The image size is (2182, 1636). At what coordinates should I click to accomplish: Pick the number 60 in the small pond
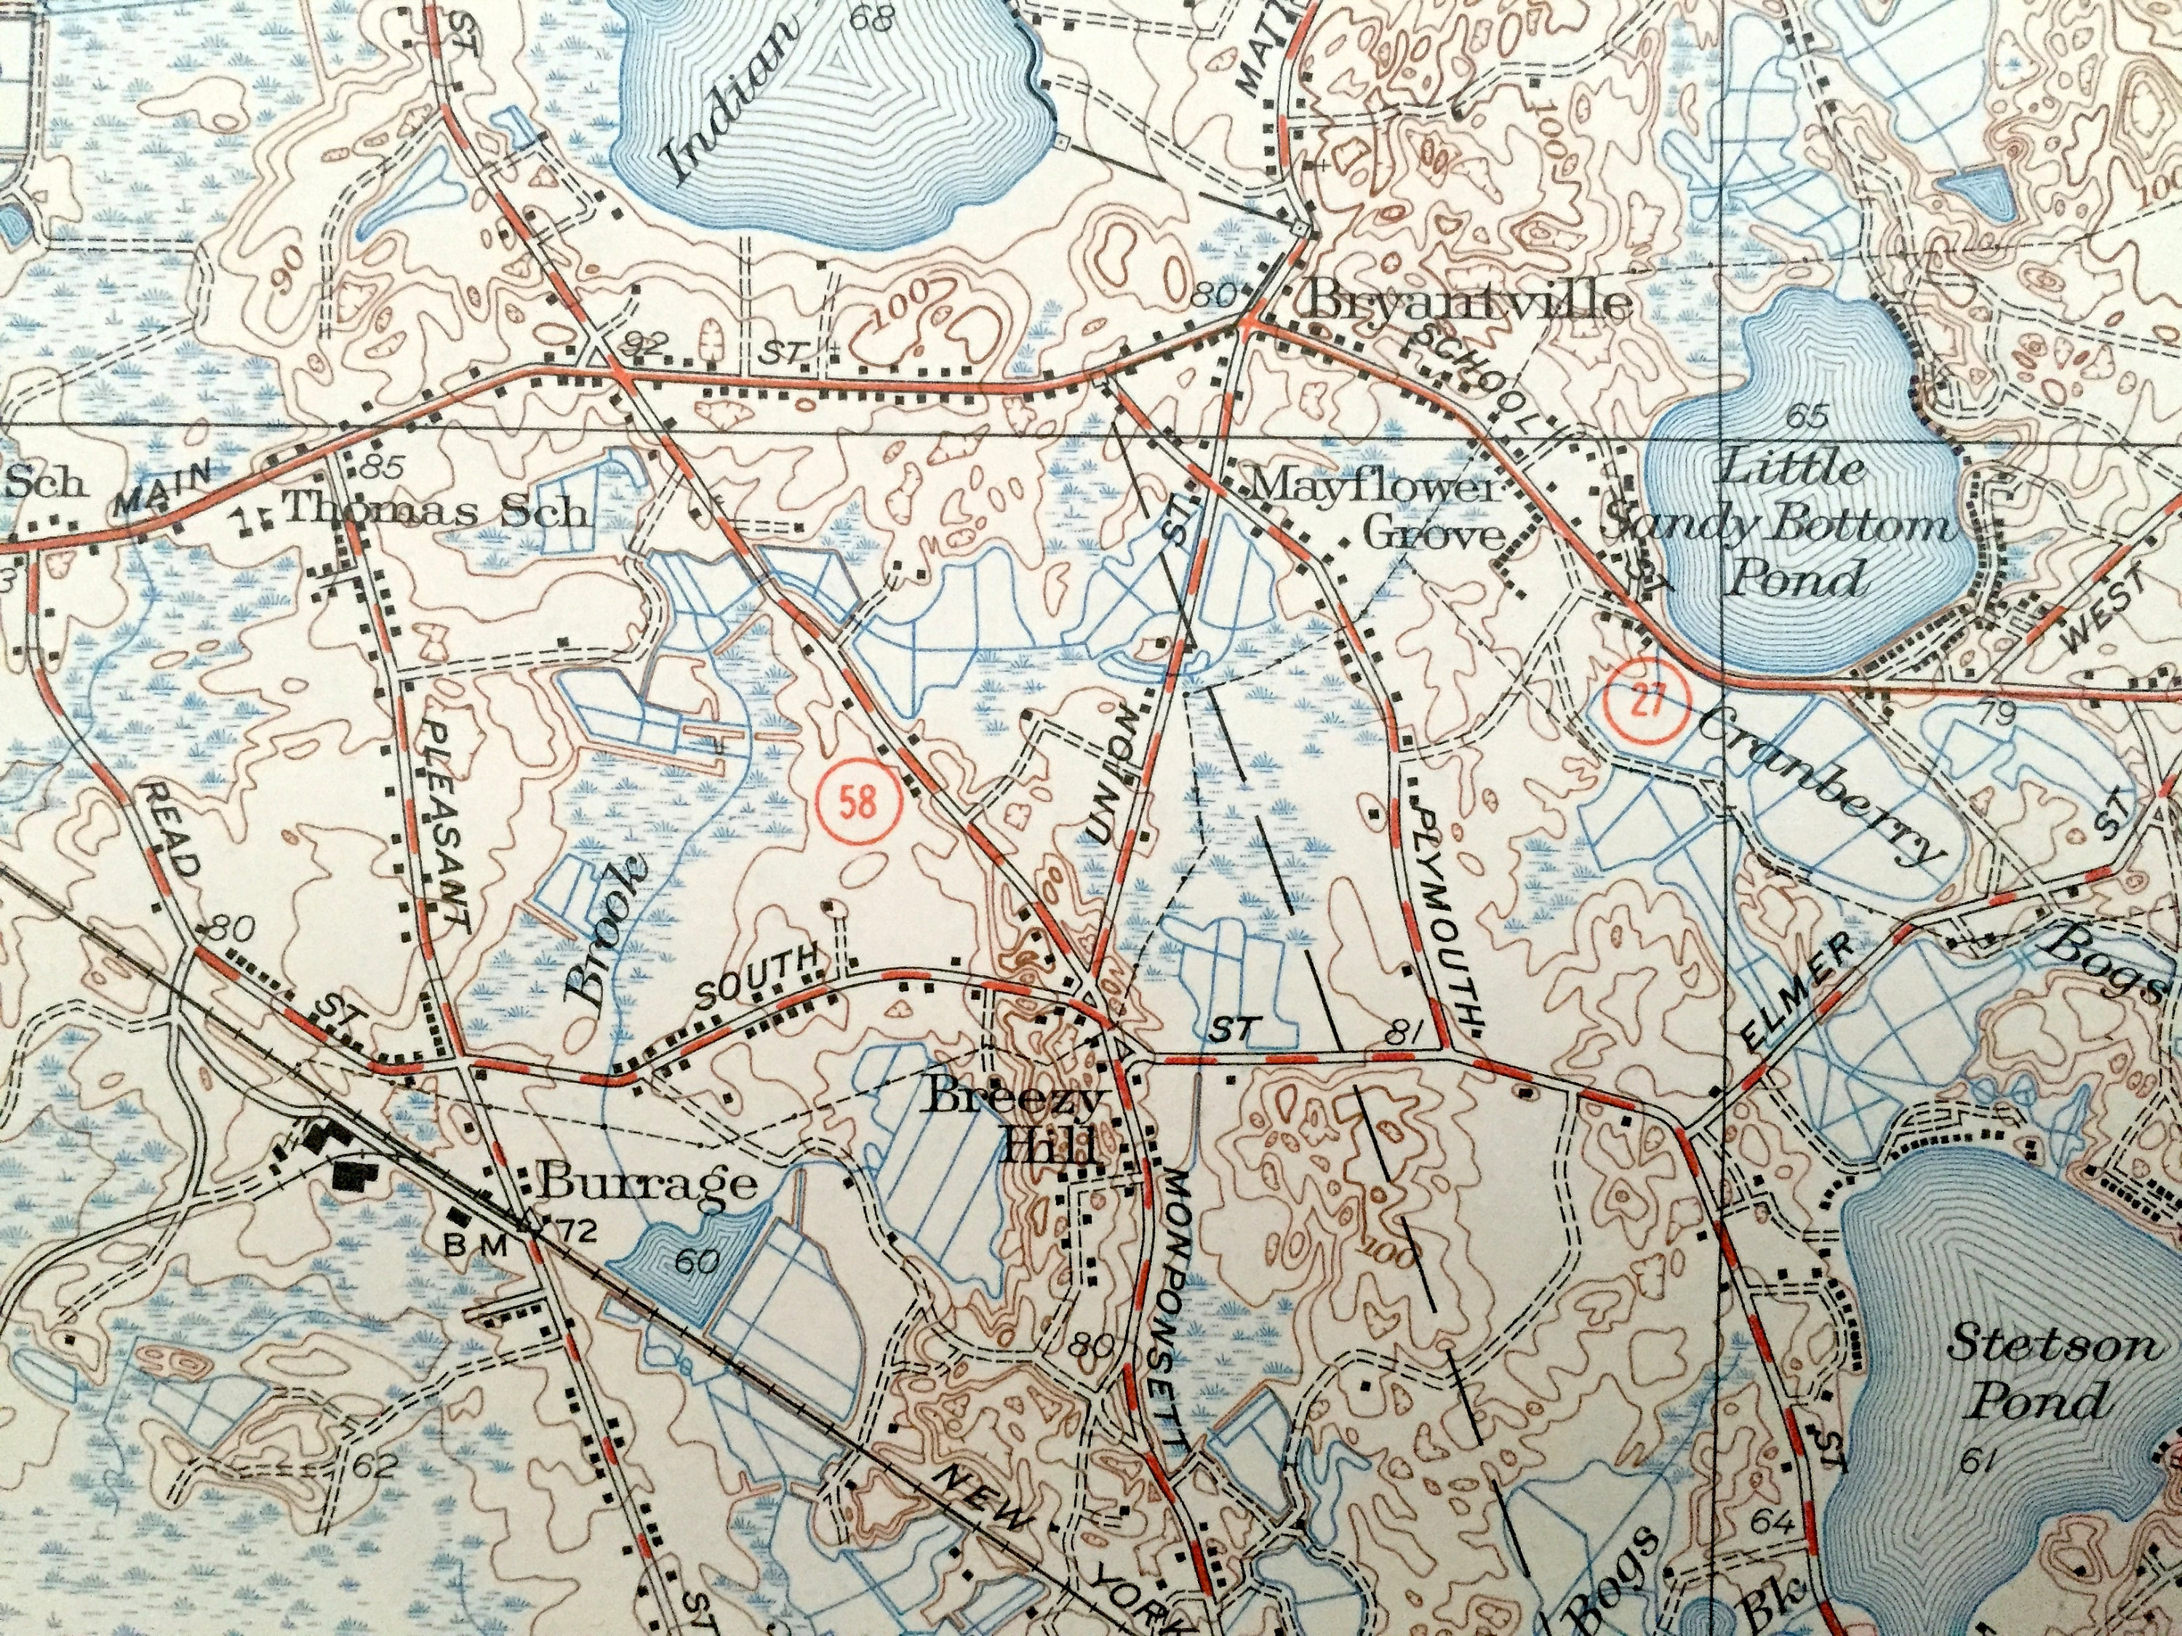(698, 1259)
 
